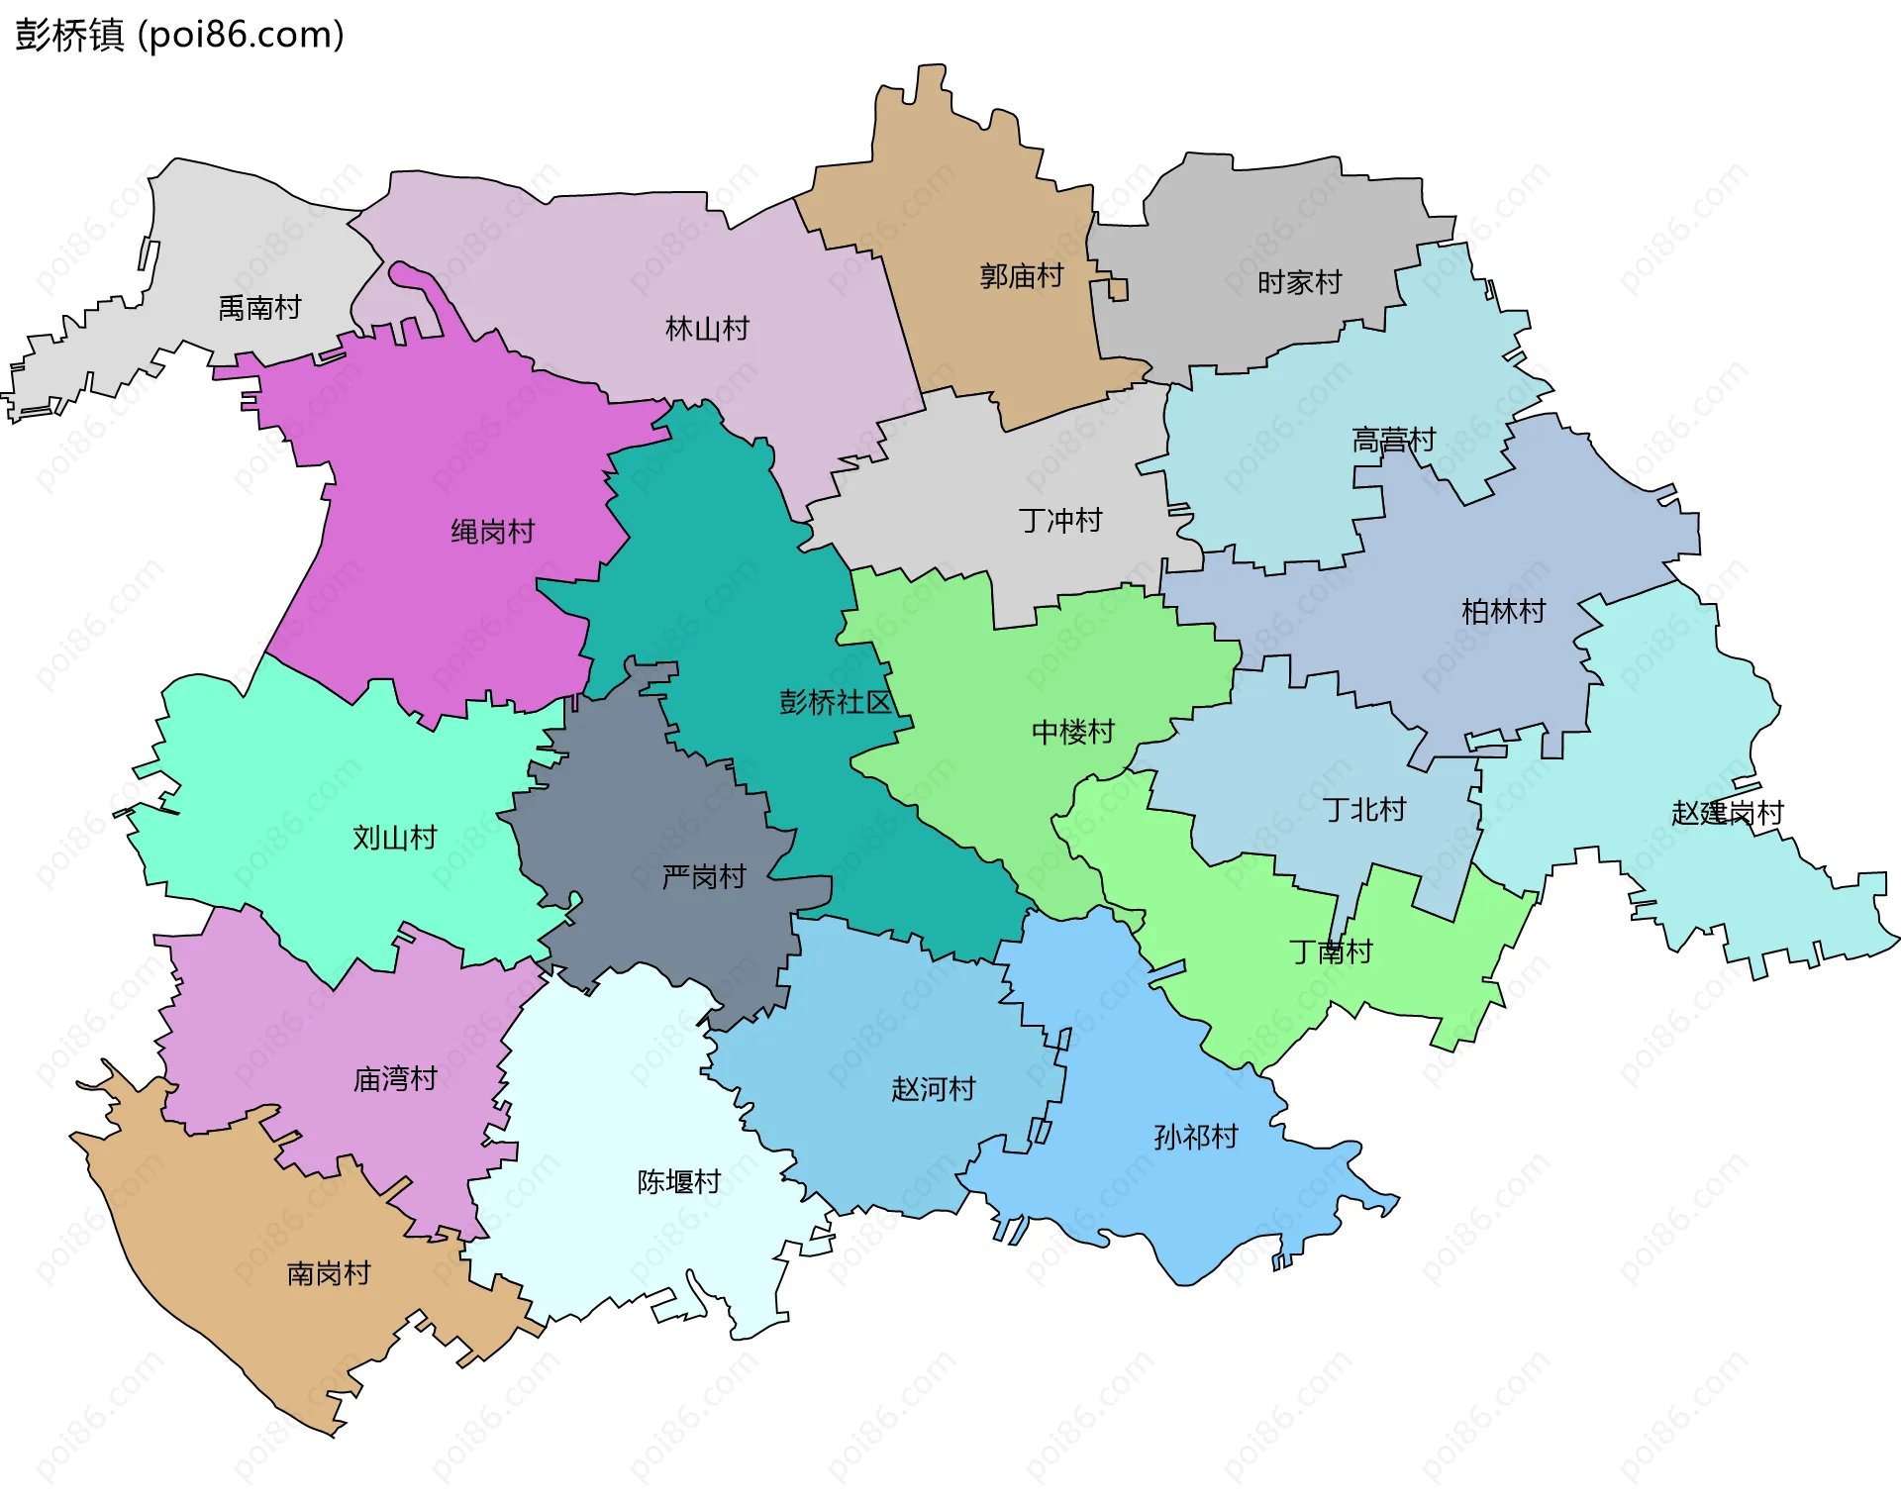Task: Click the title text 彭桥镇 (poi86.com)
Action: [x=179, y=35]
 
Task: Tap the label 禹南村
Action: [x=259, y=308]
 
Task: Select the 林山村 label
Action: [x=707, y=329]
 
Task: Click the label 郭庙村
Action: [x=1021, y=276]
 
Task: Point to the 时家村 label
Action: [x=1299, y=283]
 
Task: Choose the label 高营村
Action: [x=1393, y=440]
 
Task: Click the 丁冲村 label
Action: [x=1060, y=521]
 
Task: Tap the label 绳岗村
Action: [x=492, y=532]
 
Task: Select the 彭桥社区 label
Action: [x=836, y=702]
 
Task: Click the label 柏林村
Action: [x=1503, y=612]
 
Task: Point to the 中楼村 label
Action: [x=1072, y=733]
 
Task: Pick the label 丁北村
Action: [x=1364, y=810]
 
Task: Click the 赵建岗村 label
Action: [x=1727, y=813]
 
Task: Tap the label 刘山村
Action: [x=395, y=838]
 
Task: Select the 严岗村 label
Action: [x=703, y=877]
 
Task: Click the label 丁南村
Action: [x=1331, y=952]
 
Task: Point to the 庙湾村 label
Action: [x=395, y=1079]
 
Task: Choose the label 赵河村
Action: [x=933, y=1089]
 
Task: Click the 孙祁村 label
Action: [x=1196, y=1137]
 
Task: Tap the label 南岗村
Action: [x=329, y=1273]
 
